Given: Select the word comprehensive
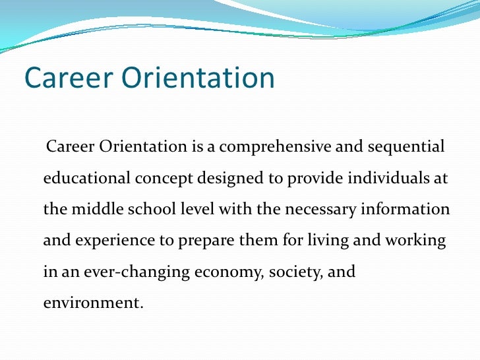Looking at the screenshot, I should (277, 146).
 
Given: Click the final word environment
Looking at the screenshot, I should (93, 305).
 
